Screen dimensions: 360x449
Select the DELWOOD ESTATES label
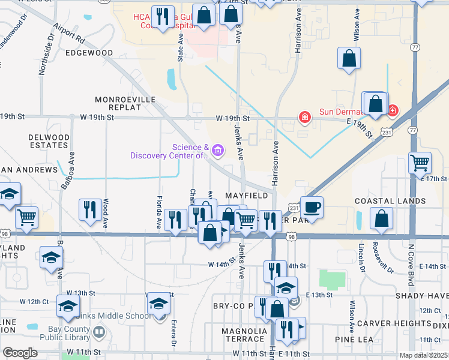(49, 141)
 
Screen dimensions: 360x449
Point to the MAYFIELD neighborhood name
(246, 196)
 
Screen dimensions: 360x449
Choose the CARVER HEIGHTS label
(391, 323)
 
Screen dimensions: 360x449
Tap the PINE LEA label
(355, 340)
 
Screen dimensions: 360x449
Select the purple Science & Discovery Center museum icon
(217, 151)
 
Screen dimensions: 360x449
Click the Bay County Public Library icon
(100, 332)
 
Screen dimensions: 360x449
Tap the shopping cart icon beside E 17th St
(420, 163)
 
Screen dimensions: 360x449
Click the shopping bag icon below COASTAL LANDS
(381, 219)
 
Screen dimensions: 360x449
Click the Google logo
(20, 353)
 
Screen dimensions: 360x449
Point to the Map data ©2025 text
(423, 355)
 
